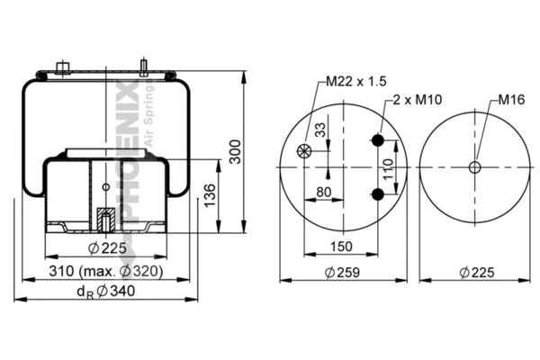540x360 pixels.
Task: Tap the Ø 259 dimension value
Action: coord(343,271)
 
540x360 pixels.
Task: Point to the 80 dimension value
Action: coord(324,191)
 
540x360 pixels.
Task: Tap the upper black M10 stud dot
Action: coord(379,139)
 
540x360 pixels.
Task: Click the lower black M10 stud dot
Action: coord(379,195)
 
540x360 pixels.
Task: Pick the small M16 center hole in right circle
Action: coord(474,167)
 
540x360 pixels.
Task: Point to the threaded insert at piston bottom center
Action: coord(105,219)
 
